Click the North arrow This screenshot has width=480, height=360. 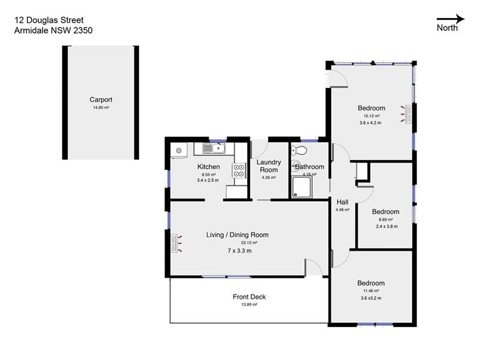(450, 19)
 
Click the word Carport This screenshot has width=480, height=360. (101, 100)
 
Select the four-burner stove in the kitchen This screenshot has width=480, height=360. (239, 170)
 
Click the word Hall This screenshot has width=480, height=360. (343, 202)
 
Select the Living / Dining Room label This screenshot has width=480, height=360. (237, 235)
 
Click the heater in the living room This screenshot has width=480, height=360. (175, 244)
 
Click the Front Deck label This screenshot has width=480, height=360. (249, 297)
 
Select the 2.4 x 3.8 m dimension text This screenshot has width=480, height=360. (386, 227)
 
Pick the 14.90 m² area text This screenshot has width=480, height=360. (101, 108)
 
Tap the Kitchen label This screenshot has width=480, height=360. (208, 167)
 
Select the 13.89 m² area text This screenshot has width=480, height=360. (249, 305)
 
